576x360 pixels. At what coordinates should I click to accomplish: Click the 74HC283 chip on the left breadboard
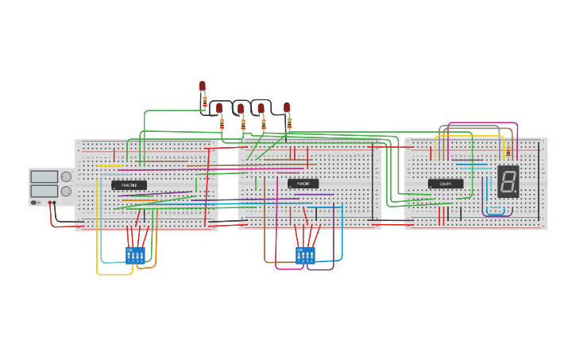point(129,185)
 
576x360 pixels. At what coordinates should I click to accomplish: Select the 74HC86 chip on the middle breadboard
point(303,184)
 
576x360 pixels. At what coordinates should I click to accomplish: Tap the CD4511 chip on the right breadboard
point(446,184)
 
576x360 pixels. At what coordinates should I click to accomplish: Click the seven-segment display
point(508,181)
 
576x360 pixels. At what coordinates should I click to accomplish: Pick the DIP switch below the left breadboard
point(135,254)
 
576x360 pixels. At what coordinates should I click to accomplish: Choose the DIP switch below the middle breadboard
point(305,254)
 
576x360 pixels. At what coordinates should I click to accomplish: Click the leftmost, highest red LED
point(202,86)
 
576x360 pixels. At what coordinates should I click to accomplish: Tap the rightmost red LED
point(287,106)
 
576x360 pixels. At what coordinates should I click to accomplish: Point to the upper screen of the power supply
point(43,176)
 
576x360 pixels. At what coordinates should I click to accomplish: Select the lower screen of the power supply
point(43,191)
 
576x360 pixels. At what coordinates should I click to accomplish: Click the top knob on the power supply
point(65,176)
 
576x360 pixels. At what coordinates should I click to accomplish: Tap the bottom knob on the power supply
point(65,191)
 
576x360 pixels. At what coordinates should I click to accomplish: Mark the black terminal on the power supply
point(55,203)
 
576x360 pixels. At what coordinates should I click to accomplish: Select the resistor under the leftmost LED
point(204,103)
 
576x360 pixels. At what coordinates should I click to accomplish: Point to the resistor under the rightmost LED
point(289,123)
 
